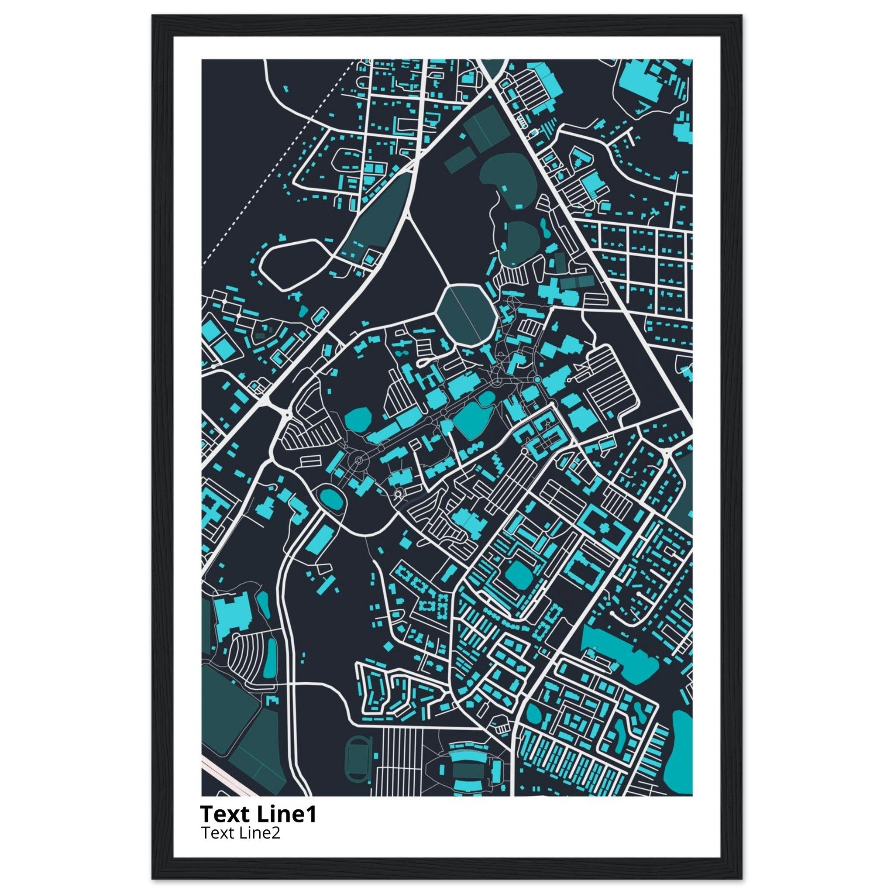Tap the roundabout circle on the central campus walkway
(359, 461)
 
